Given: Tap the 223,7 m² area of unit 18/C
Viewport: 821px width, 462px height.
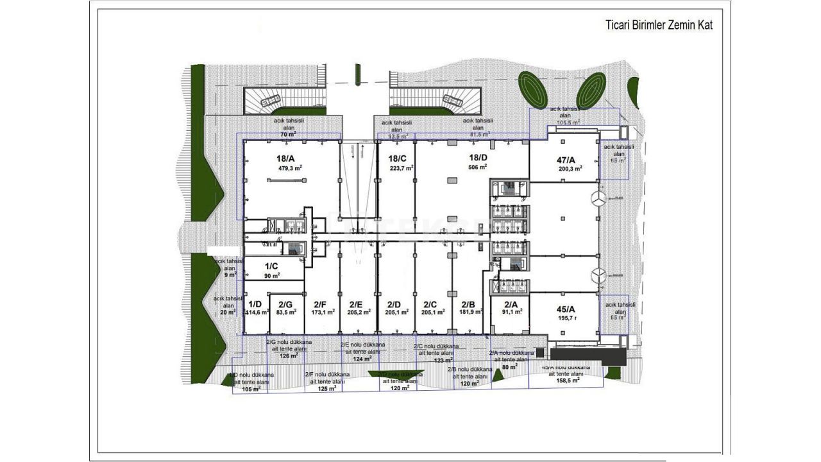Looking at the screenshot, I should [401, 168].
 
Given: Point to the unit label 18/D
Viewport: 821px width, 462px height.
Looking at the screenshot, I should [478, 157].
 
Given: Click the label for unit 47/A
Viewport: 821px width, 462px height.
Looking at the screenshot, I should [566, 160].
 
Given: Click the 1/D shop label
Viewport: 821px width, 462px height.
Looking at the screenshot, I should [255, 304].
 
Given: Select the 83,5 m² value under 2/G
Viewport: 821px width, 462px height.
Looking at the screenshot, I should [286, 312].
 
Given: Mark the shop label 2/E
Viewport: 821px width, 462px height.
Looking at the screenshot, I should [357, 304].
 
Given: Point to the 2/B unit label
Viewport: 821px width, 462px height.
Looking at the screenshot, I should [468, 304].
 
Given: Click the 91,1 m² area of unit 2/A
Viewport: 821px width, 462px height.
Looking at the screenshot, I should [512, 312].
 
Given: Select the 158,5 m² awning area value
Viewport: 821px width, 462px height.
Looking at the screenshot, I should [568, 380].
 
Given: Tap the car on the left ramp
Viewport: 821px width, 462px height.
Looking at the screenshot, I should [270, 100].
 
